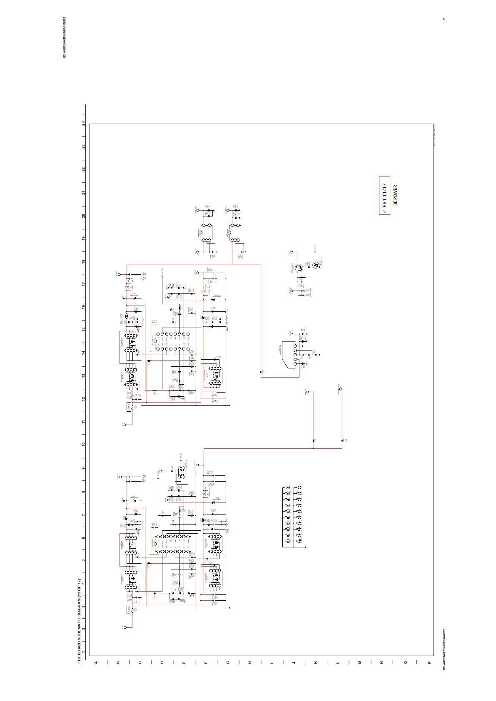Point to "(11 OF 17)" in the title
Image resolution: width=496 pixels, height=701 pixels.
pos(79,584)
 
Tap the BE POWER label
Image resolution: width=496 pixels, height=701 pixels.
pos(395,195)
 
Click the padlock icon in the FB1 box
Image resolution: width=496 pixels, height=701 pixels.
pos(384,211)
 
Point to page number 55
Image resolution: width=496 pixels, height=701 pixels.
pos(444,20)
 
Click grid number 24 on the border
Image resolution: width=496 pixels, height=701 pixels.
pos(84,124)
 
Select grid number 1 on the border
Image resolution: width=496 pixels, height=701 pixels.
pos(84,652)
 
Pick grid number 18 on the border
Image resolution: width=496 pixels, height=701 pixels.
pos(84,261)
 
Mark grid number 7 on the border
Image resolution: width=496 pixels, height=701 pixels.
pos(84,515)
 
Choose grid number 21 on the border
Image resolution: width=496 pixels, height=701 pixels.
pos(84,193)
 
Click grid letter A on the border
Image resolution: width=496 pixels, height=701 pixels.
pos(96,662)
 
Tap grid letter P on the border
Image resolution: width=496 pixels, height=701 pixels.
pos(429,662)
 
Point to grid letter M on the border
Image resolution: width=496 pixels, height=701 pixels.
pos(360,662)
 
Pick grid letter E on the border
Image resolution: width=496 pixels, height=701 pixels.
pos(184,662)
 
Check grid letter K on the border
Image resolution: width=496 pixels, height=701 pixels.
pos(316,662)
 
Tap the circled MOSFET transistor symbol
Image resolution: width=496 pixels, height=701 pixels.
pos(299,268)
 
